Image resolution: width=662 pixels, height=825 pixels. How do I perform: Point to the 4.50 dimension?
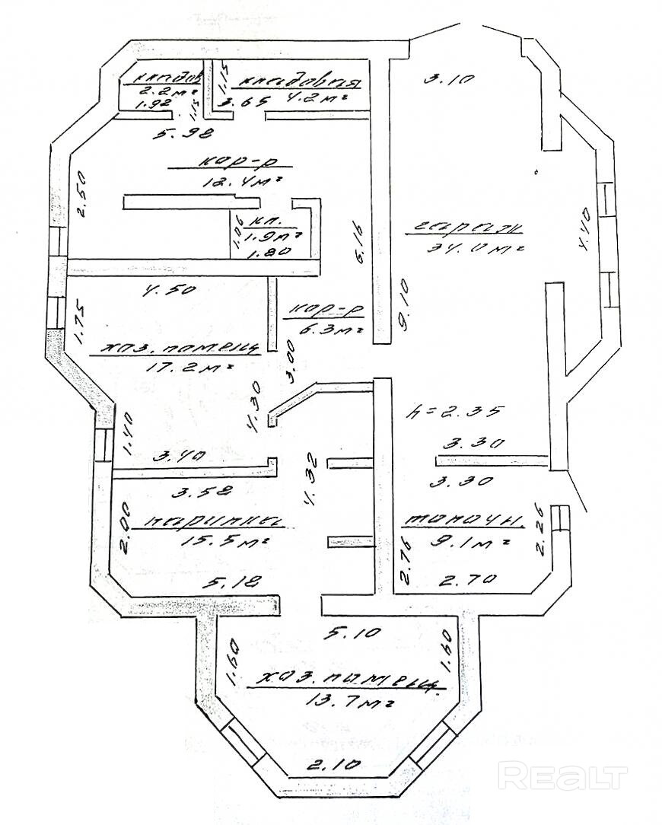(x=168, y=289)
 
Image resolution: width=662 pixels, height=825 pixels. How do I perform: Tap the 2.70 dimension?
(x=469, y=579)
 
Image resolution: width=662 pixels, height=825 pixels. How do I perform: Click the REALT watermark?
(x=564, y=777)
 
